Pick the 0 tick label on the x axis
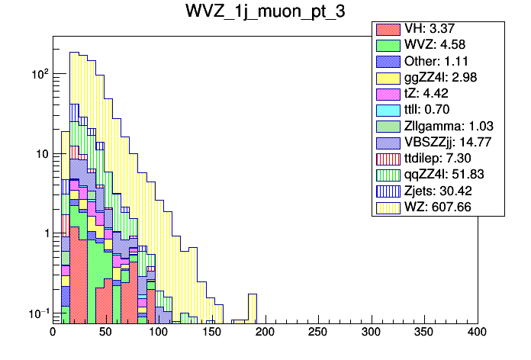click(53, 333)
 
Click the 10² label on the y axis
click(38, 74)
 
